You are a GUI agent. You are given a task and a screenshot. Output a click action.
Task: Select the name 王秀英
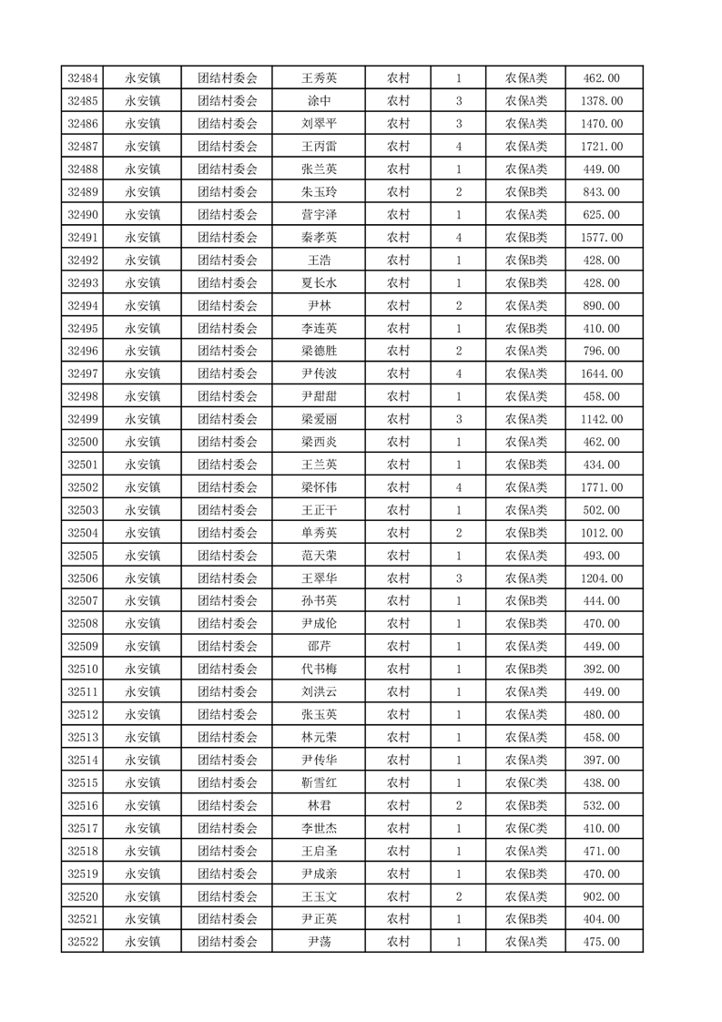(319, 78)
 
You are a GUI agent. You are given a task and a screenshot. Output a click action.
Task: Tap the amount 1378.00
(601, 101)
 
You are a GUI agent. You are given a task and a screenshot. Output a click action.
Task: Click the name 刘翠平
(319, 124)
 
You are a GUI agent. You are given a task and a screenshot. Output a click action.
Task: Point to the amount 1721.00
(601, 147)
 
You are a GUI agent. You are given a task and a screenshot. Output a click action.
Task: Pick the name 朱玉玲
(319, 192)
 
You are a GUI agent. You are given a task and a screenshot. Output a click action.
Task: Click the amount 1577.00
(601, 238)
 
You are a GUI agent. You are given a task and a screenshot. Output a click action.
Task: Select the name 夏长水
(319, 283)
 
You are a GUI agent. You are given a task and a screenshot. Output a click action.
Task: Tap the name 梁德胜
(319, 351)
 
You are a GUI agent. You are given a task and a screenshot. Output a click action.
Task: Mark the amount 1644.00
(601, 373)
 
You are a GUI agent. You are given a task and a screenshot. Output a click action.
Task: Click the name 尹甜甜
(319, 396)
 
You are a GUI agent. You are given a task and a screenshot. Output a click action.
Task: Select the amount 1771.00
(601, 487)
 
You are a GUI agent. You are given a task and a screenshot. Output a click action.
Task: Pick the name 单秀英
(319, 533)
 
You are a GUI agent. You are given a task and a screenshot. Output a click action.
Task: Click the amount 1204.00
(601, 578)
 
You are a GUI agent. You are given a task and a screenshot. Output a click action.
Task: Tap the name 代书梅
(319, 669)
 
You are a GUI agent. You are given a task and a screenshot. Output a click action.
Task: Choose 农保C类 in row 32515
(526, 782)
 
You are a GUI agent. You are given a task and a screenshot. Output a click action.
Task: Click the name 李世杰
(319, 828)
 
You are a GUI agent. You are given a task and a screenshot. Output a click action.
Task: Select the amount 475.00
(601, 942)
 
